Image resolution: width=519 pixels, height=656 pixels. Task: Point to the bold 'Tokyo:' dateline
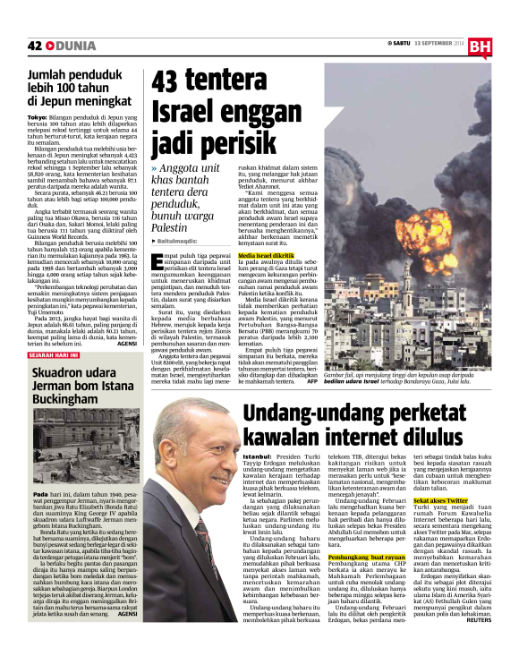tap(38, 117)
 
